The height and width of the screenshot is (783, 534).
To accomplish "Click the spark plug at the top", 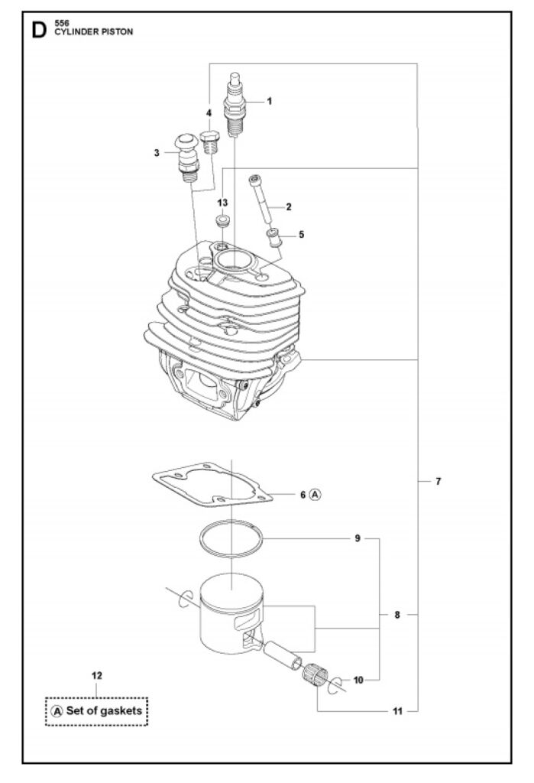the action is point(235,104).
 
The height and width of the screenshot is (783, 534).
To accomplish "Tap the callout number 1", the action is point(270,102).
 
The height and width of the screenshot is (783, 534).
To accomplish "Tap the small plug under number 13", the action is point(222,220).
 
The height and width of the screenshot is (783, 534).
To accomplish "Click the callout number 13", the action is point(222,202).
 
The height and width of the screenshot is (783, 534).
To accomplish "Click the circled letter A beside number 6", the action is point(316,495).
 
